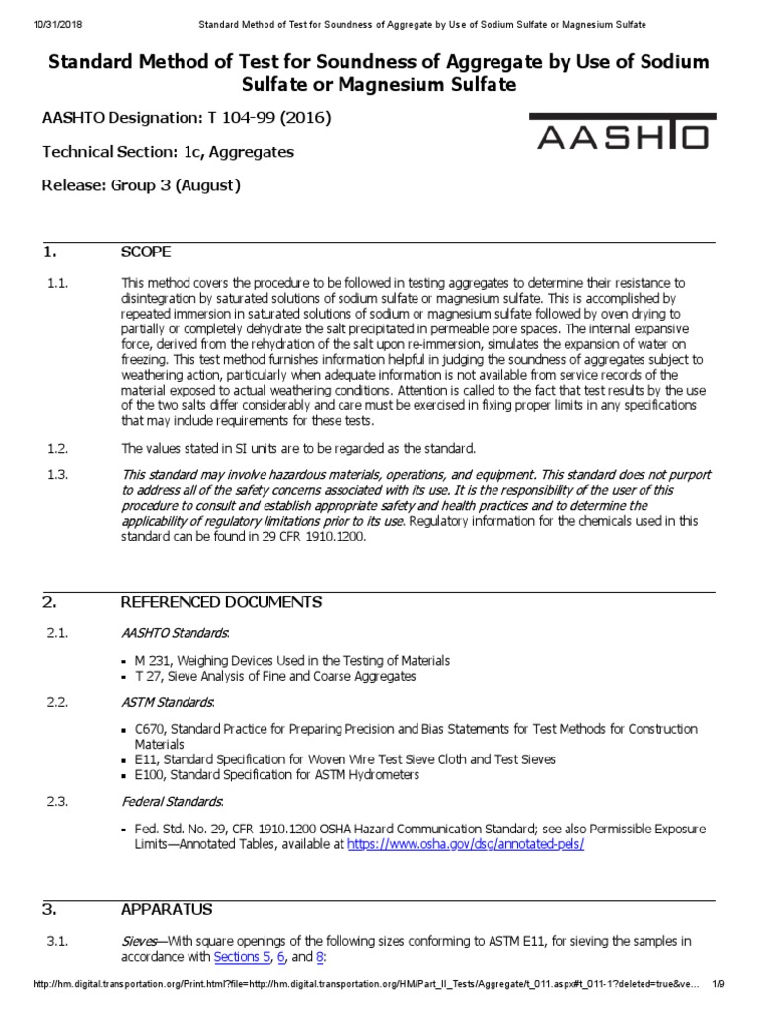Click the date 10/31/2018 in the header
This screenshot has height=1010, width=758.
point(33,23)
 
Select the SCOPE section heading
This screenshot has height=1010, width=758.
point(145,252)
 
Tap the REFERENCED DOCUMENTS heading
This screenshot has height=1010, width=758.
point(221,602)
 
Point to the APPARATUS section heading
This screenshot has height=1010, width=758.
point(166,909)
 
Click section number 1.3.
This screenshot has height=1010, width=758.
point(57,475)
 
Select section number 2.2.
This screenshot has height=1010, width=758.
point(57,702)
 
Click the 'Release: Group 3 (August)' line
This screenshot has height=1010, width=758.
point(141,185)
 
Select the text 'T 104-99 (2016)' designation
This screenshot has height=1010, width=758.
point(268,118)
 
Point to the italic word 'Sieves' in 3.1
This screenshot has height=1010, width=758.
point(140,941)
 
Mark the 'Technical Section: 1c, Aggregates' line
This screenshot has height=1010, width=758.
point(168,152)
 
